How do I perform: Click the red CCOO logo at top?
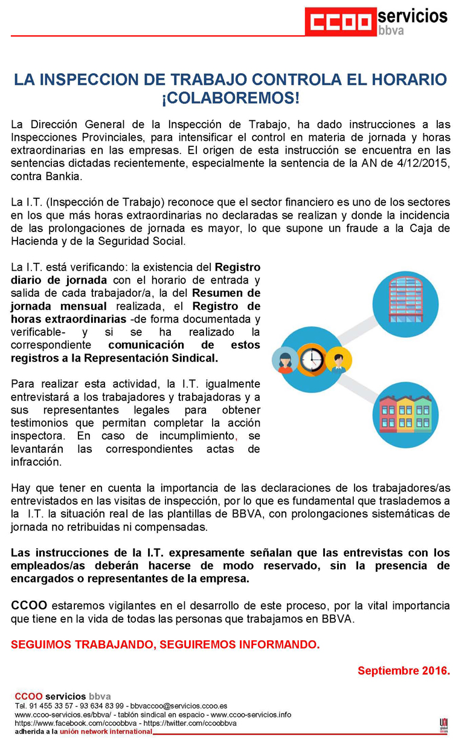pos(339,22)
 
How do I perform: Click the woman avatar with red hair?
pos(284,361)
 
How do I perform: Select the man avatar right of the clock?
pos(338,361)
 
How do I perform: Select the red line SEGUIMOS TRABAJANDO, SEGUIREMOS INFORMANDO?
pos(165,645)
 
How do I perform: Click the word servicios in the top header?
pos(413,16)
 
